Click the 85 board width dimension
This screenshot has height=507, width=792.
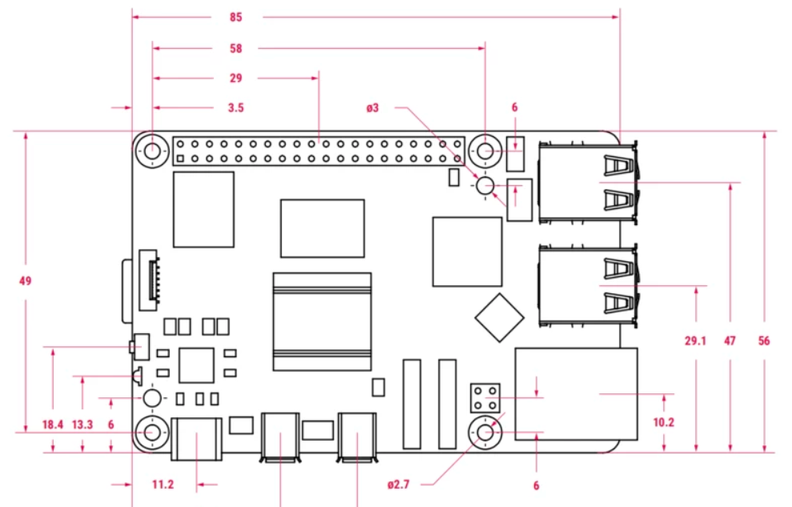[x=235, y=17]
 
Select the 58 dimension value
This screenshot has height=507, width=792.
[x=235, y=48]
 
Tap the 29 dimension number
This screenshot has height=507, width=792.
[x=235, y=78]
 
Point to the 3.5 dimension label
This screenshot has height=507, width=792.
[x=235, y=107]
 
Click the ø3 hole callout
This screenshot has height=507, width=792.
[x=372, y=107]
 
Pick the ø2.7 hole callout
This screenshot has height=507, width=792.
[x=399, y=485]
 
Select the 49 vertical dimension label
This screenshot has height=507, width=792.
[x=26, y=281]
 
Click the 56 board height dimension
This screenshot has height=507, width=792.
[x=764, y=341]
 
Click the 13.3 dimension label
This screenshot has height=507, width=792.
[x=82, y=425]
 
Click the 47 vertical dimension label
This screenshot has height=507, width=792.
[x=730, y=341]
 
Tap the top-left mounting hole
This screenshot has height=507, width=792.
[x=152, y=150]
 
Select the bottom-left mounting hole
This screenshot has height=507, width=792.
[x=152, y=433]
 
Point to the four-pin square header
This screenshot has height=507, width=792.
[x=485, y=396]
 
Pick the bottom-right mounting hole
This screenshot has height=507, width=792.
[x=485, y=433]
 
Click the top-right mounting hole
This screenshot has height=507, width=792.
[x=485, y=150]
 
